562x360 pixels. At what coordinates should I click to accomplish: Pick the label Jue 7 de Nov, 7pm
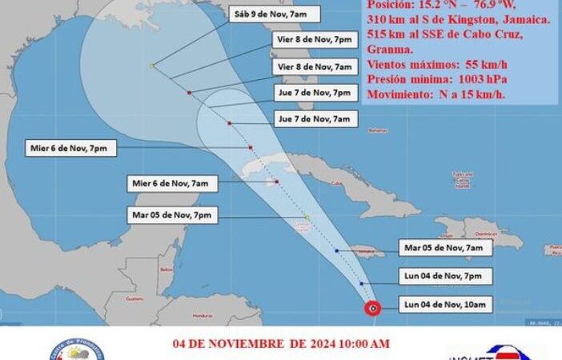[x=312, y=92]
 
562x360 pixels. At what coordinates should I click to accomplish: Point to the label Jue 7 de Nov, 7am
[x=312, y=118]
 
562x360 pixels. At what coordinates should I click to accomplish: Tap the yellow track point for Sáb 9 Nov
[x=152, y=66]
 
